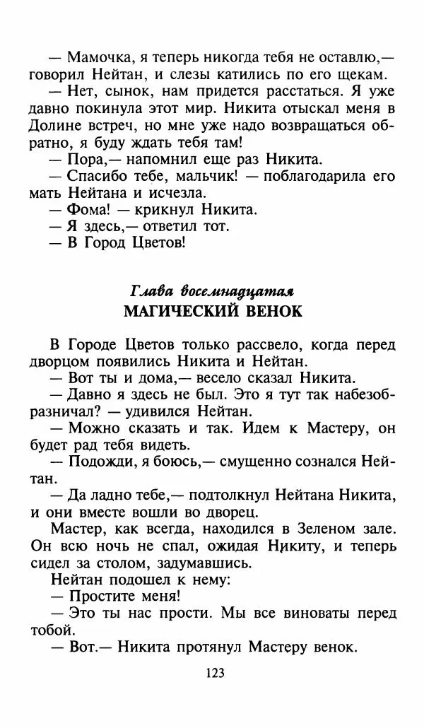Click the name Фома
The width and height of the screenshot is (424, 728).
tap(87, 209)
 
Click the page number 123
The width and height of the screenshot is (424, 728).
tap(212, 673)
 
